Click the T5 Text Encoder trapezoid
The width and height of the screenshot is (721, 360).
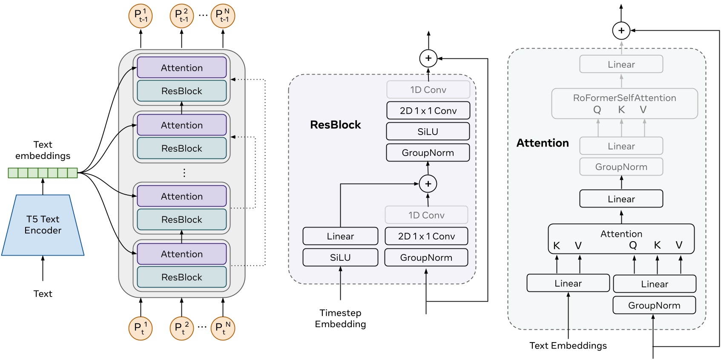43,225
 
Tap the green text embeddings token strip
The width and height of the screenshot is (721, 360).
43,173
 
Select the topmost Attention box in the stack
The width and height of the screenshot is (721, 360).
181,68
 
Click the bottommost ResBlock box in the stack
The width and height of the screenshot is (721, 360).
181,277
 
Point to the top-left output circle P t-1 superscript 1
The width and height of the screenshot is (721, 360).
141,16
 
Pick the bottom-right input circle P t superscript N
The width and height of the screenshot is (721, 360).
223,328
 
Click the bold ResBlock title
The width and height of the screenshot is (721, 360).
335,125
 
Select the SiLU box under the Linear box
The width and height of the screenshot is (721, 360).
340,257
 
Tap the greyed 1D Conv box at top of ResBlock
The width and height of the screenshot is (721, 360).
428,90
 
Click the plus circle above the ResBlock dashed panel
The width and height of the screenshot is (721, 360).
428,58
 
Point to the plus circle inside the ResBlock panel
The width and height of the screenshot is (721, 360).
428,184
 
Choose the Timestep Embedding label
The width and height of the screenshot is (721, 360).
340,319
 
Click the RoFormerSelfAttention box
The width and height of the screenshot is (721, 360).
624,104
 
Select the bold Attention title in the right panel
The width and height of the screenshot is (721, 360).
543,143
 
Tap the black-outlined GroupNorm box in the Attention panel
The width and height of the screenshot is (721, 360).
654,305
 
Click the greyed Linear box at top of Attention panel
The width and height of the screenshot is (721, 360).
621,64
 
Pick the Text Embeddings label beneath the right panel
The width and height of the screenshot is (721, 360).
568,346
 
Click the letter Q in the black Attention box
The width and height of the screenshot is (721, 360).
633,245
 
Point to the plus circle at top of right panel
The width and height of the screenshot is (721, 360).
621,31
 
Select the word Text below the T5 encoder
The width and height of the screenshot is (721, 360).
43,294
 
